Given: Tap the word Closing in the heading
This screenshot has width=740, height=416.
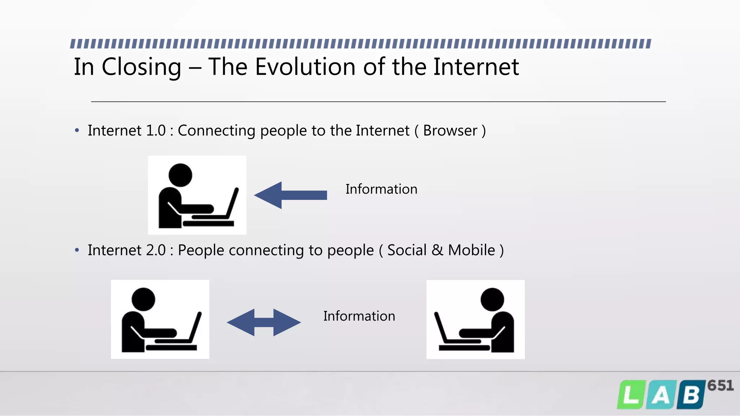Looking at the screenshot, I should pyautogui.click(x=141, y=68).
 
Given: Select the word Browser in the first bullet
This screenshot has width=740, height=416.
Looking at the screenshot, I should pyautogui.click(x=450, y=130).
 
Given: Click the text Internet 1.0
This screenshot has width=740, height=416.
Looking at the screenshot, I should pyautogui.click(x=126, y=130).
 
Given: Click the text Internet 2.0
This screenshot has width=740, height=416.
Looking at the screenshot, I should pyautogui.click(x=126, y=250).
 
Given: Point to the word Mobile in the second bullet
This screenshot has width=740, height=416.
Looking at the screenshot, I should pyautogui.click(x=471, y=250).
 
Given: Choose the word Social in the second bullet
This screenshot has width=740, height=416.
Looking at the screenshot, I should pyautogui.click(x=407, y=250).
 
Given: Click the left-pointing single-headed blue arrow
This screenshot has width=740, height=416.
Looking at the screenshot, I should pyautogui.click(x=291, y=195).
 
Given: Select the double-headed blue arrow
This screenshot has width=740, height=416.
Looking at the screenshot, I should pyautogui.click(x=264, y=322).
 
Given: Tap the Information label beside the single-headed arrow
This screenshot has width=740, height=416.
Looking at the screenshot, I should pyautogui.click(x=381, y=189).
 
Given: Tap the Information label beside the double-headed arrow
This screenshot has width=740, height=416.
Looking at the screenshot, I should pyautogui.click(x=359, y=316).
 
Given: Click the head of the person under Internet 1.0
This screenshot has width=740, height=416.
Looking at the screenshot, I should pyautogui.click(x=180, y=175).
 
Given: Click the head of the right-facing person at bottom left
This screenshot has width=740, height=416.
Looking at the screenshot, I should pyautogui.click(x=143, y=299).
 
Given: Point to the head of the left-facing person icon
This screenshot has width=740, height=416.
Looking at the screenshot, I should pyautogui.click(x=492, y=299).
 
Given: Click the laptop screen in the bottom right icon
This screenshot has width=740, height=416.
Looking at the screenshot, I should pyautogui.click(x=440, y=327).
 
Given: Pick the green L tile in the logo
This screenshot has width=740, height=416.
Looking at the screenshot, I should pyautogui.click(x=631, y=395).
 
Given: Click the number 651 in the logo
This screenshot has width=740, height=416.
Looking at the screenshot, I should pyautogui.click(x=720, y=386).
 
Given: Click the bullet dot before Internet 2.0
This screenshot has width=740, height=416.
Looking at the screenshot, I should pyautogui.click(x=77, y=250).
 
